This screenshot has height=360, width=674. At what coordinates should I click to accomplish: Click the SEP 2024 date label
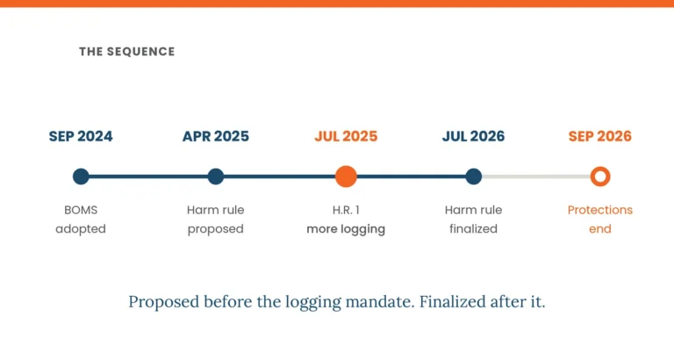(81, 136)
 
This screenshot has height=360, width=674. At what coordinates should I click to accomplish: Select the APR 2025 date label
(216, 136)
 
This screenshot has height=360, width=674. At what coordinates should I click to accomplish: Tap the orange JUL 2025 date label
(346, 136)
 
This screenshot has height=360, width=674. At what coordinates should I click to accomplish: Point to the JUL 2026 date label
(473, 136)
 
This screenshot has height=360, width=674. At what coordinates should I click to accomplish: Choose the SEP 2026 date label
(600, 136)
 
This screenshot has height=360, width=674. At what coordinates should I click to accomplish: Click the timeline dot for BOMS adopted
(81, 176)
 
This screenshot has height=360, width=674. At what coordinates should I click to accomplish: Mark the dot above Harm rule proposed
(216, 176)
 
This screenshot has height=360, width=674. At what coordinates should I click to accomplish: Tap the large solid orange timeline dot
(346, 176)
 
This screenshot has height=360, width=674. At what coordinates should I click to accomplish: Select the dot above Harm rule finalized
(473, 176)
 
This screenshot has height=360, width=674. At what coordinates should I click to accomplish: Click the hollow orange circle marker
(600, 169)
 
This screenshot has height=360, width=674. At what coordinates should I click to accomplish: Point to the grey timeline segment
(536, 176)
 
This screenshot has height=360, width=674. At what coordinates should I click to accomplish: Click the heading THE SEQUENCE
(126, 52)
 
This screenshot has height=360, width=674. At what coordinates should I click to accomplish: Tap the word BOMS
(81, 210)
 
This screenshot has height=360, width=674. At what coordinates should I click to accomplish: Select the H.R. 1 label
(346, 210)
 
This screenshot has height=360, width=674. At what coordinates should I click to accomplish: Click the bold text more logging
(346, 229)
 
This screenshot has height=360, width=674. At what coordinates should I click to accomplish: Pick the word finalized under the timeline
(473, 229)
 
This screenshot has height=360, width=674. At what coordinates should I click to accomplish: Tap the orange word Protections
(600, 210)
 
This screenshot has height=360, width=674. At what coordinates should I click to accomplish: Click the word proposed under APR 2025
(216, 229)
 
